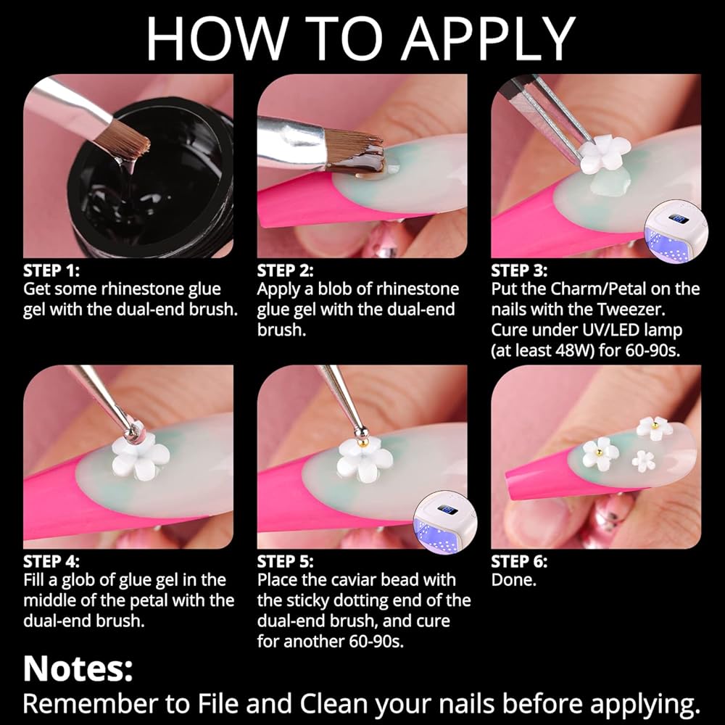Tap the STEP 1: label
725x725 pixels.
(51, 270)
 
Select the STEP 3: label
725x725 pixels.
(519, 270)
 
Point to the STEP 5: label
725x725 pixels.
(285, 561)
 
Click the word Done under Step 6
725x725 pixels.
(514, 580)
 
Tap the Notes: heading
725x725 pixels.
(78, 668)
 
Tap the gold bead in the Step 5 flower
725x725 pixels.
(362, 443)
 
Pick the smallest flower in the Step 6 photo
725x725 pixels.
(644, 461)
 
